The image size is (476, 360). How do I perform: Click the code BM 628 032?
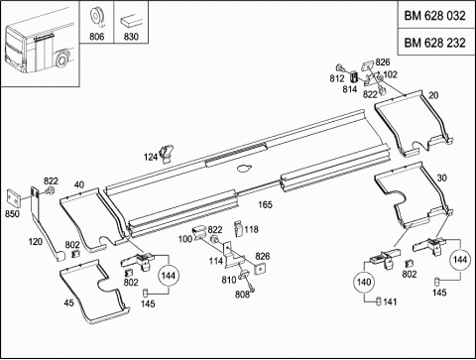(x=434, y=16)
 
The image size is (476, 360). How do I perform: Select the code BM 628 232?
(x=434, y=43)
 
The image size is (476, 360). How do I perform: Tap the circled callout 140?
(x=364, y=282)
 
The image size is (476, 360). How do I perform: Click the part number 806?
(x=97, y=37)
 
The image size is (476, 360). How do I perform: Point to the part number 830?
(x=131, y=37)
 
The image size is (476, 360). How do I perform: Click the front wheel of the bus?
(x=61, y=60)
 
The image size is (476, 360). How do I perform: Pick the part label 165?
(x=265, y=204)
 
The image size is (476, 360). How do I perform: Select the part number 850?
(x=12, y=214)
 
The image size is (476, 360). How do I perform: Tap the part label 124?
(x=151, y=157)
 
